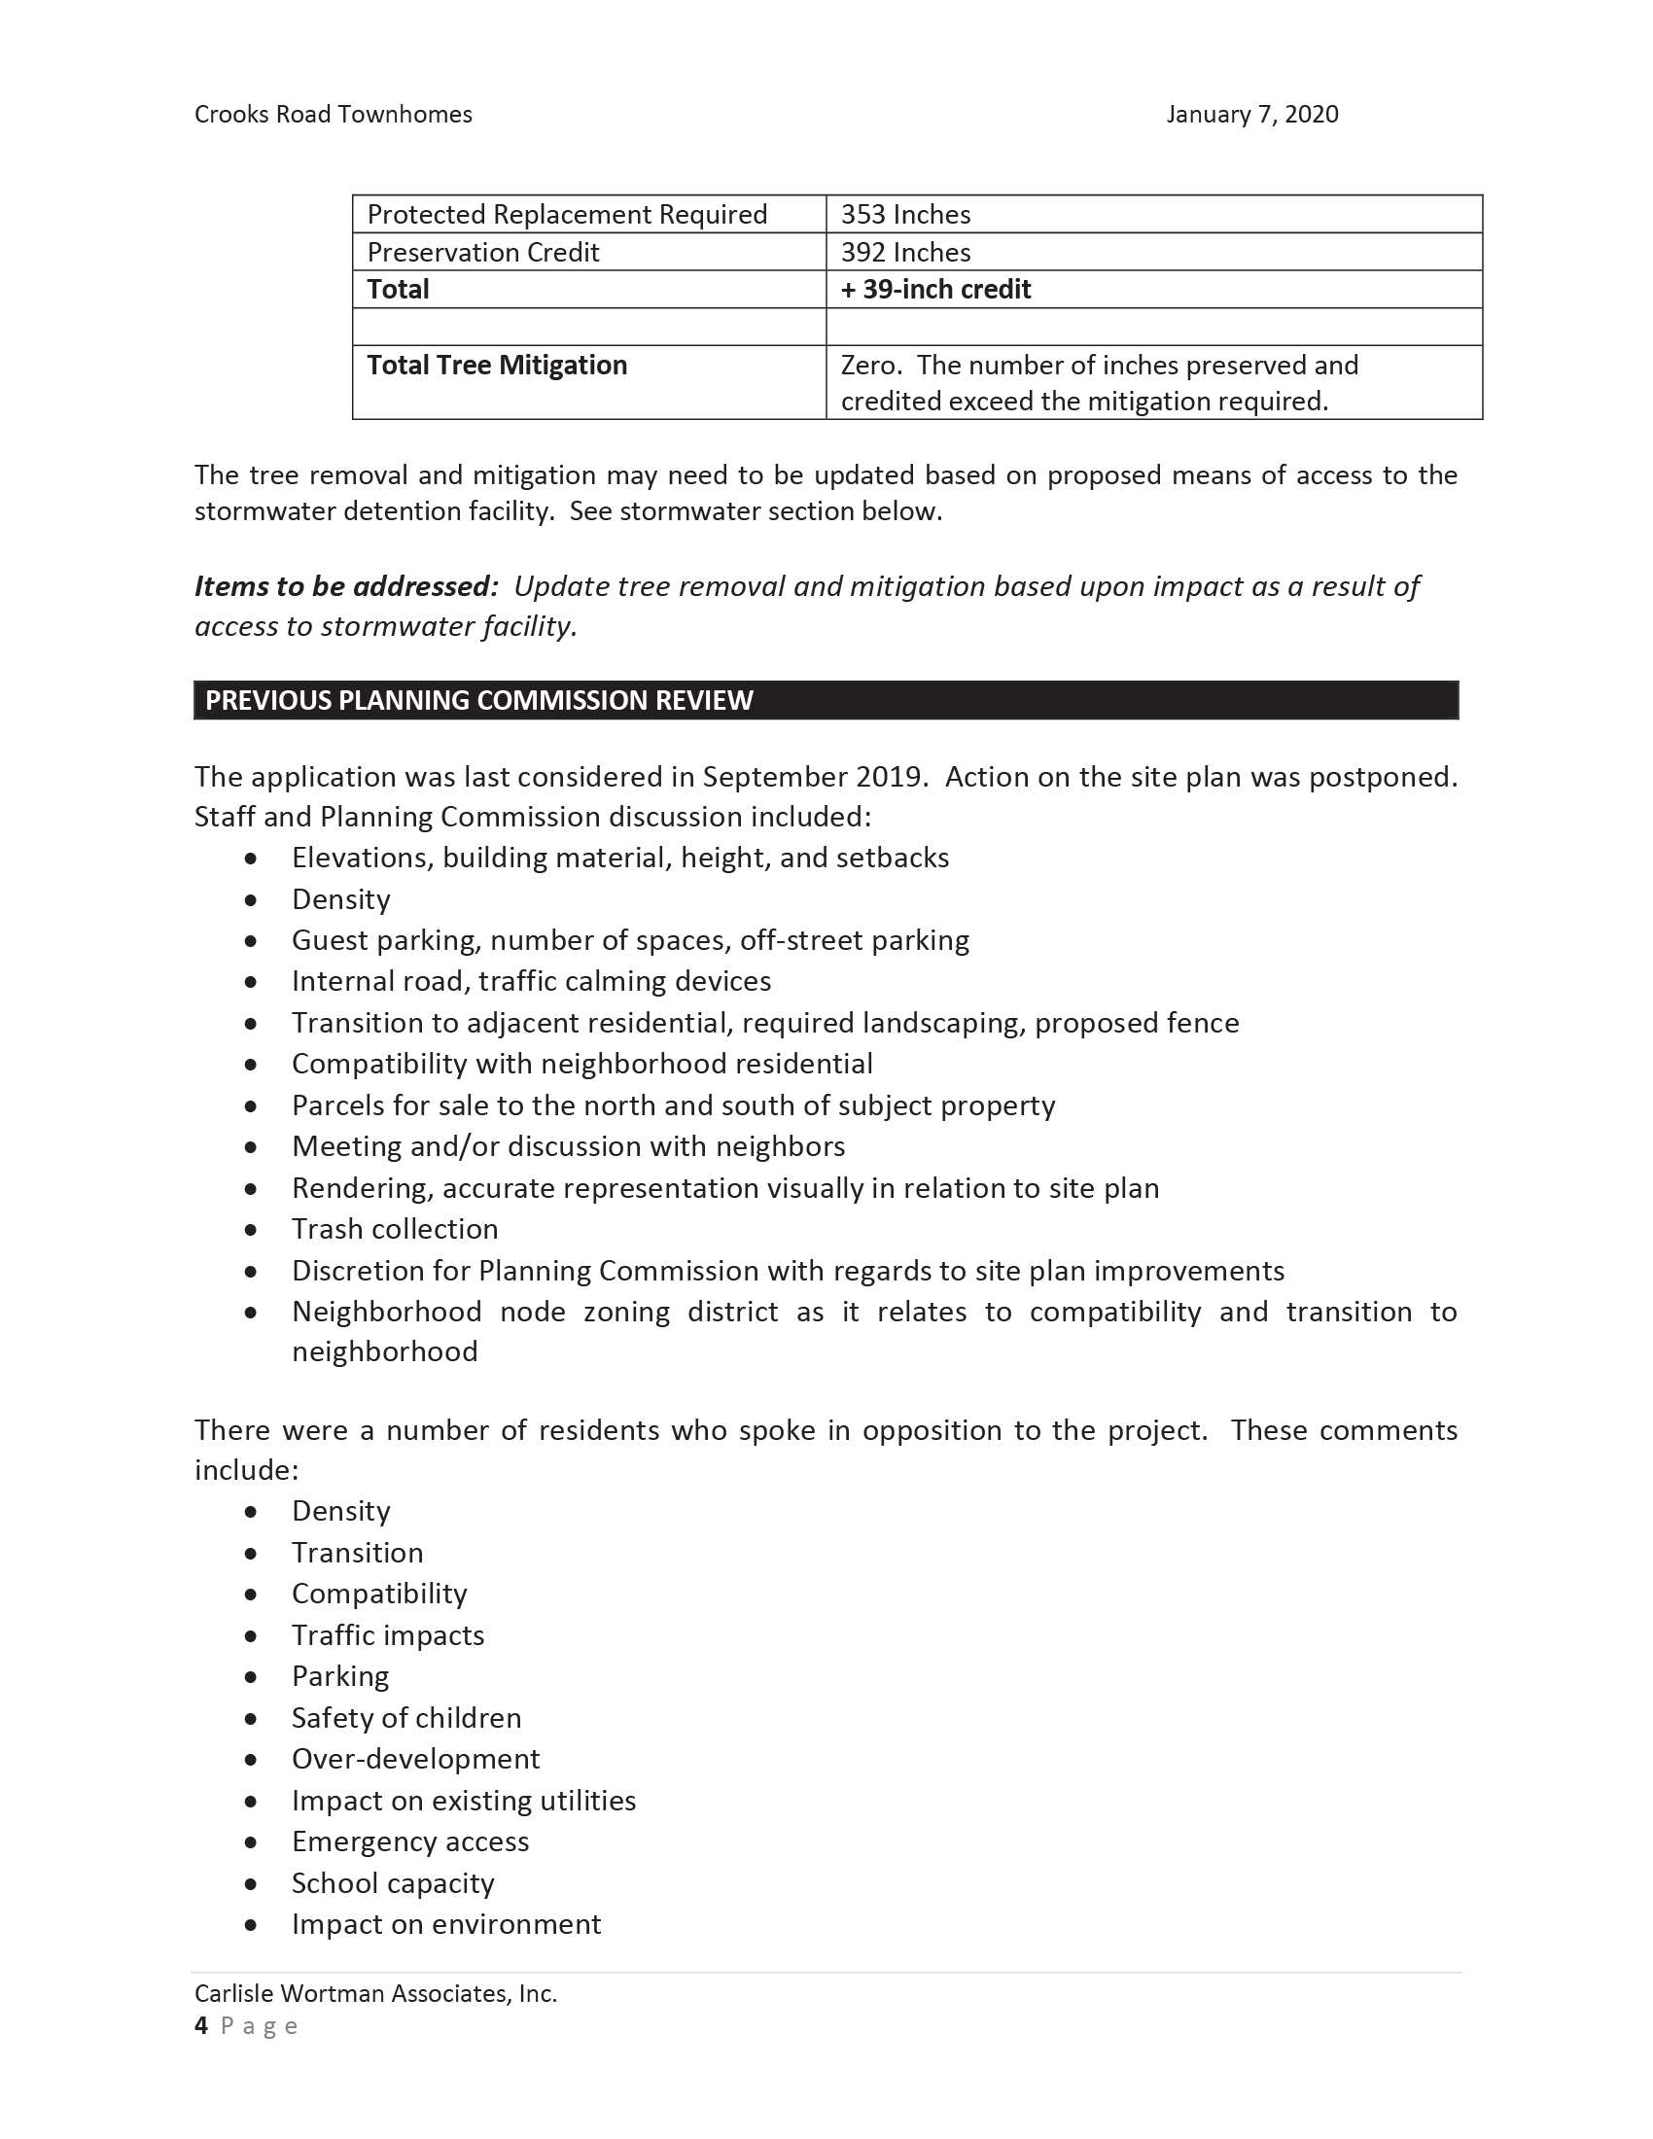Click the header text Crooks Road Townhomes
coord(333,115)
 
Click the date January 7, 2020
coord(1251,115)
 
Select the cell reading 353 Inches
coord(906,215)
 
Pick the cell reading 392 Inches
coord(906,253)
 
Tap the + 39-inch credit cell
coord(935,290)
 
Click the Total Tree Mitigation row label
coord(497,366)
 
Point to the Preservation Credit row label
coord(483,253)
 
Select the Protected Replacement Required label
coord(567,215)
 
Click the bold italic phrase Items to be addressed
coord(347,586)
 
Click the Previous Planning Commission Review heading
coord(478,700)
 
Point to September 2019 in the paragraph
coord(814,777)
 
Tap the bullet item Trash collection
coord(395,1229)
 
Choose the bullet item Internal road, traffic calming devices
coord(531,981)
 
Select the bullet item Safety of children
coord(406,1718)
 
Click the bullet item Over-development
coord(415,1759)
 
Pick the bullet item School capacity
coord(393,1883)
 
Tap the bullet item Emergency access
coord(410,1841)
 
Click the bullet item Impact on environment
coord(445,1924)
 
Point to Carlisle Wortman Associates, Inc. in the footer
coord(375,1994)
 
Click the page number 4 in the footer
coord(201,2026)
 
